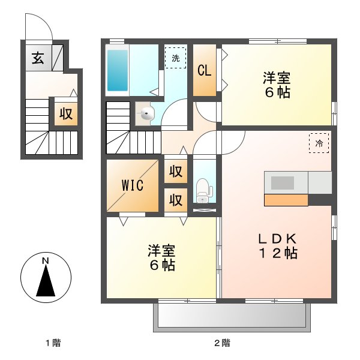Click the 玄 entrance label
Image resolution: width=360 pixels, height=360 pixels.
pos(38,58)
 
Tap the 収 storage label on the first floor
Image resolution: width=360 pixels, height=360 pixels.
pos(65,113)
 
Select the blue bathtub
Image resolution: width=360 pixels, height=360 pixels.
pos(117,70)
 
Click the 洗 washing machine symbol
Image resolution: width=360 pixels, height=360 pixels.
pos(175,58)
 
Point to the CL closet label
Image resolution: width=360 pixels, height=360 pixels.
pos(204,70)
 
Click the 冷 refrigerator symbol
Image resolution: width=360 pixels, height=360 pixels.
pos(319,143)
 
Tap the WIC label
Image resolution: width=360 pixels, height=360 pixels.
pos(133,185)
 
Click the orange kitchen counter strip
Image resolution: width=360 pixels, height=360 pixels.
pos(286,200)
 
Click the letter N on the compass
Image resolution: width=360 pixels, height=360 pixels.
pos(45,261)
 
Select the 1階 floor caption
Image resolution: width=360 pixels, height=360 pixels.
pos(52,343)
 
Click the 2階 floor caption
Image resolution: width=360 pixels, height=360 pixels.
pos(222,343)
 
